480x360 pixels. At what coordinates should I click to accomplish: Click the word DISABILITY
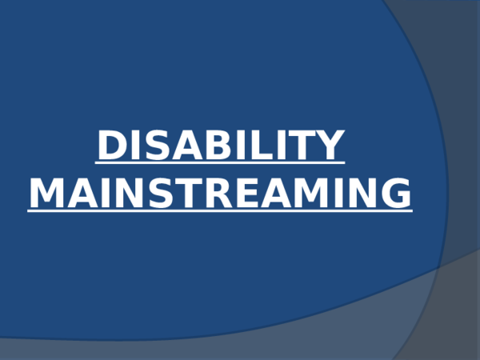tap(221, 146)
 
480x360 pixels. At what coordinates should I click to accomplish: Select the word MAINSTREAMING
tap(220, 194)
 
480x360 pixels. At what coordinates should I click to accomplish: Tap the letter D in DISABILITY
tap(111, 146)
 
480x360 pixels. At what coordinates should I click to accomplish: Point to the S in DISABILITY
tap(154, 146)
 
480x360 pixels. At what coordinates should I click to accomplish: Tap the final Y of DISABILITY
tap(330, 146)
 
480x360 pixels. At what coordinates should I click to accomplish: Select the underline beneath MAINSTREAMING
tap(220, 211)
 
